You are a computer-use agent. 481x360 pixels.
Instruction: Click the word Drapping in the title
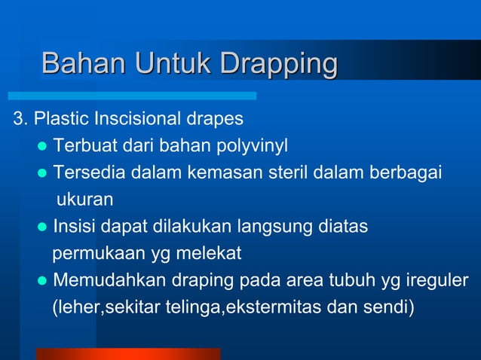pos(277,63)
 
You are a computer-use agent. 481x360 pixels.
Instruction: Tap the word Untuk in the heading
pos(173,63)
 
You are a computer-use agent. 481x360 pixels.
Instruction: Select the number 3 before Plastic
pos(17,119)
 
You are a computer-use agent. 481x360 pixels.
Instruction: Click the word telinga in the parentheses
pos(194,307)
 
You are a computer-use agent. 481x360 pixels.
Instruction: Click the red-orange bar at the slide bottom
pos(128,353)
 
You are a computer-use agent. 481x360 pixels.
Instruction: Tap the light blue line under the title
pos(132,96)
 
